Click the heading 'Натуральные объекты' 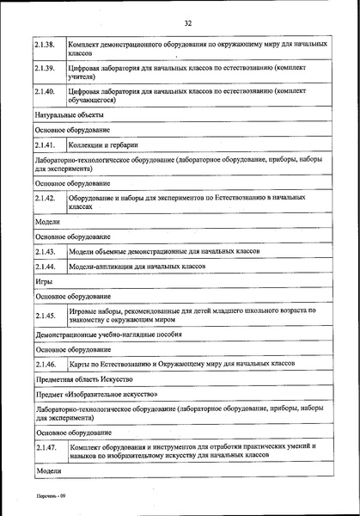[x=70, y=114]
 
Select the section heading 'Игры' [x=44, y=281]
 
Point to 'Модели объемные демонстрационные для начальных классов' [x=164, y=252]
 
